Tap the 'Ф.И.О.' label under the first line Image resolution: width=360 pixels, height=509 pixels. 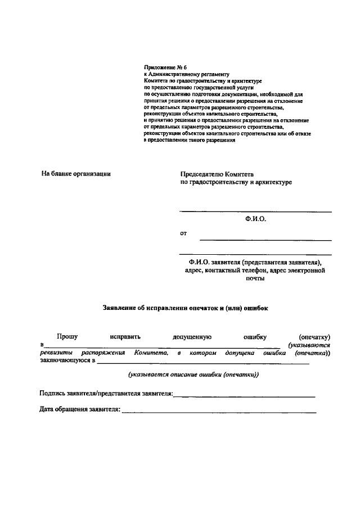pyautogui.click(x=255, y=220)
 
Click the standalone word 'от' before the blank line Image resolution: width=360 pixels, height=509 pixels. pyautogui.click(x=183, y=233)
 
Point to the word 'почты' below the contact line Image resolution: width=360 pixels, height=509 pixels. pyautogui.click(x=255, y=279)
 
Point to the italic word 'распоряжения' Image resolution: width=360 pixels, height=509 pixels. pyautogui.click(x=103, y=353)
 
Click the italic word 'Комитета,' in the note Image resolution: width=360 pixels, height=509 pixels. pyautogui.click(x=151, y=353)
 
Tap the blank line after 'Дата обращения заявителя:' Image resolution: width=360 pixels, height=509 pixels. pyautogui.click(x=219, y=413)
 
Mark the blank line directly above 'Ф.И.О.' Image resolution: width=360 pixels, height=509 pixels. pyautogui.click(x=255, y=211)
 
